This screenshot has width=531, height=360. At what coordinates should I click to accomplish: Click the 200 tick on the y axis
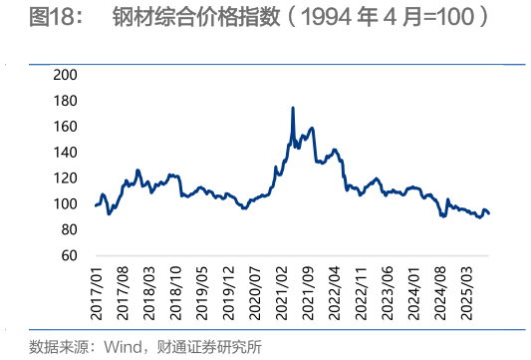click(x=65, y=75)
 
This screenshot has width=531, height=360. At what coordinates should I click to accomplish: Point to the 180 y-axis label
click(x=65, y=101)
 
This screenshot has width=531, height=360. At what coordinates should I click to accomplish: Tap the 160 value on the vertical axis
click(x=65, y=127)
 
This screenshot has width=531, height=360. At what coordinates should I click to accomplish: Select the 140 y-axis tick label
click(x=65, y=153)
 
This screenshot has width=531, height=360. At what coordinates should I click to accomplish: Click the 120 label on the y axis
click(x=65, y=179)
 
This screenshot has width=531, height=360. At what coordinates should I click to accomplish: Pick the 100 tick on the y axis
click(x=65, y=204)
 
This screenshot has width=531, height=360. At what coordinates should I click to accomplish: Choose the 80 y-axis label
click(x=68, y=230)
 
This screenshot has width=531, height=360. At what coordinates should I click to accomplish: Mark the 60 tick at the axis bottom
click(x=68, y=256)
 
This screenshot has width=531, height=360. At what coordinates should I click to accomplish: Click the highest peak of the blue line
click(x=292, y=108)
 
